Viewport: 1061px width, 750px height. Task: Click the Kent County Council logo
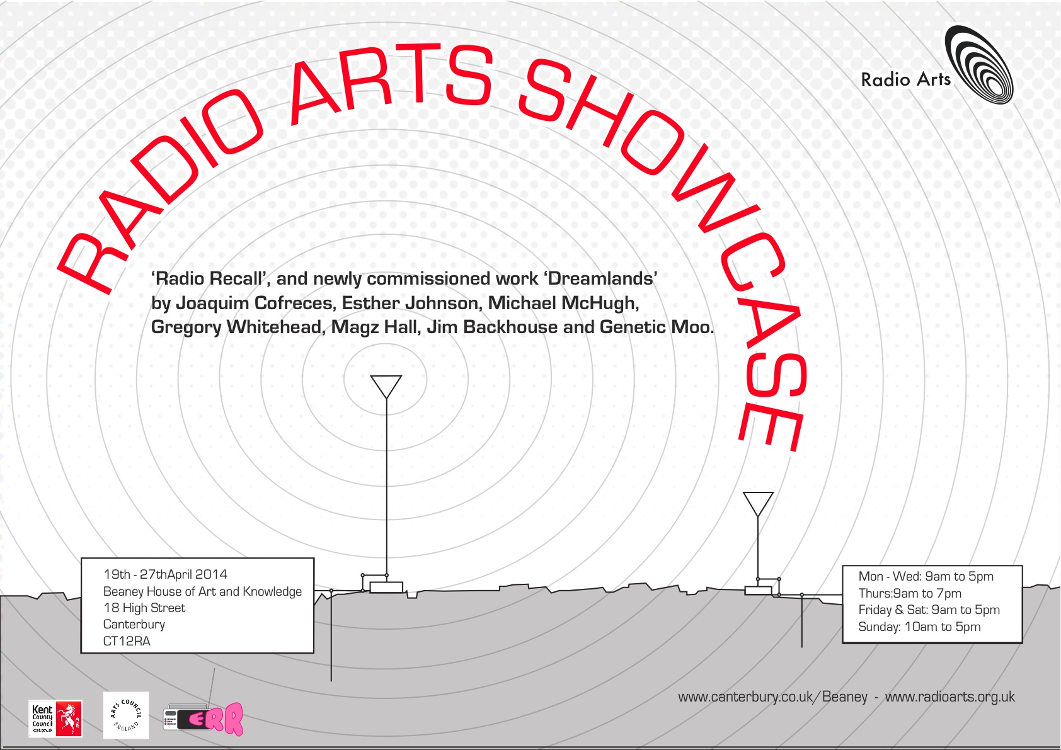(55, 719)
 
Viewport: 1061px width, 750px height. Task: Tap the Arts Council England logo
(126, 715)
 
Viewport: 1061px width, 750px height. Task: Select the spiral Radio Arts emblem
(978, 65)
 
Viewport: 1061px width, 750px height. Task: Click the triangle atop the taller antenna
(386, 387)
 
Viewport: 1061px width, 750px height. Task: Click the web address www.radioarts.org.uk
(949, 696)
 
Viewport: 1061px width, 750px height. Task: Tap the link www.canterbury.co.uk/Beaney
(772, 697)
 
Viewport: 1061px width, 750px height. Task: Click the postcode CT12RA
(127, 641)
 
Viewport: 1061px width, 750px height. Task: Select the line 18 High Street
(144, 608)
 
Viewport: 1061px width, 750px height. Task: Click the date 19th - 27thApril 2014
(165, 574)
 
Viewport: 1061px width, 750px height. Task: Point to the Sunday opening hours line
(919, 627)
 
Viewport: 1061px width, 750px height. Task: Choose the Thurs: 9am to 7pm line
(910, 593)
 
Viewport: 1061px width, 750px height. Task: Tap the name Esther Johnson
(410, 303)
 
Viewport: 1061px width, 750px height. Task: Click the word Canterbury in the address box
(134, 624)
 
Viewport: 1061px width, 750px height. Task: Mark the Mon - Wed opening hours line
(926, 576)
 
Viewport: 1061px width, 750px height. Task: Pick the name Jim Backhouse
(492, 327)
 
